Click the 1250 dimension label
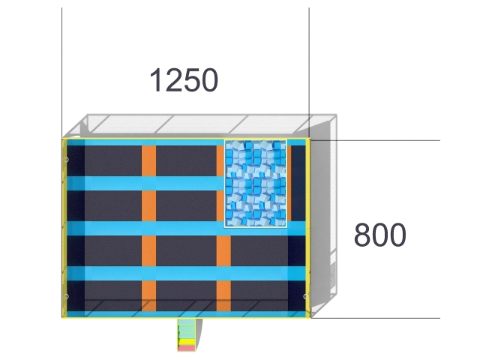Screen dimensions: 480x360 (184, 80)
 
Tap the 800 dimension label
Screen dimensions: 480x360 (380, 235)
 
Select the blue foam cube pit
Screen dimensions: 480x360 (256, 184)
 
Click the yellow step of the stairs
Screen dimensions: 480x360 (187, 342)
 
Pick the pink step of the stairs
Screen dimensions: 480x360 (187, 348)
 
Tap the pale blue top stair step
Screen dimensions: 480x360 (187, 322)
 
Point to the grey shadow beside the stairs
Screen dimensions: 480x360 (199, 334)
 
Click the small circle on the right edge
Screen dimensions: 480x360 (305, 296)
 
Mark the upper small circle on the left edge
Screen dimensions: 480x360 (66, 160)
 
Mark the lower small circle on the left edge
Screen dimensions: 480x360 (66, 296)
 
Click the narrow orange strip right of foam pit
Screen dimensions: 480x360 (289, 183)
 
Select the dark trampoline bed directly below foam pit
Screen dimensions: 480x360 (259, 251)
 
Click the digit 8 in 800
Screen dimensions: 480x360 (361, 235)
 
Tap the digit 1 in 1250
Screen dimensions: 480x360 (156, 80)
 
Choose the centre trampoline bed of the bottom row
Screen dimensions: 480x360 (186, 295)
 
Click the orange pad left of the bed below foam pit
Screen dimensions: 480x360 (223, 251)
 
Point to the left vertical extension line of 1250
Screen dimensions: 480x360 (61, 73)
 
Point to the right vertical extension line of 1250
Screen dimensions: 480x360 (309, 73)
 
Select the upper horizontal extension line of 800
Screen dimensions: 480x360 (375, 140)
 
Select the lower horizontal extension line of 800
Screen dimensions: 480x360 (375, 318)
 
